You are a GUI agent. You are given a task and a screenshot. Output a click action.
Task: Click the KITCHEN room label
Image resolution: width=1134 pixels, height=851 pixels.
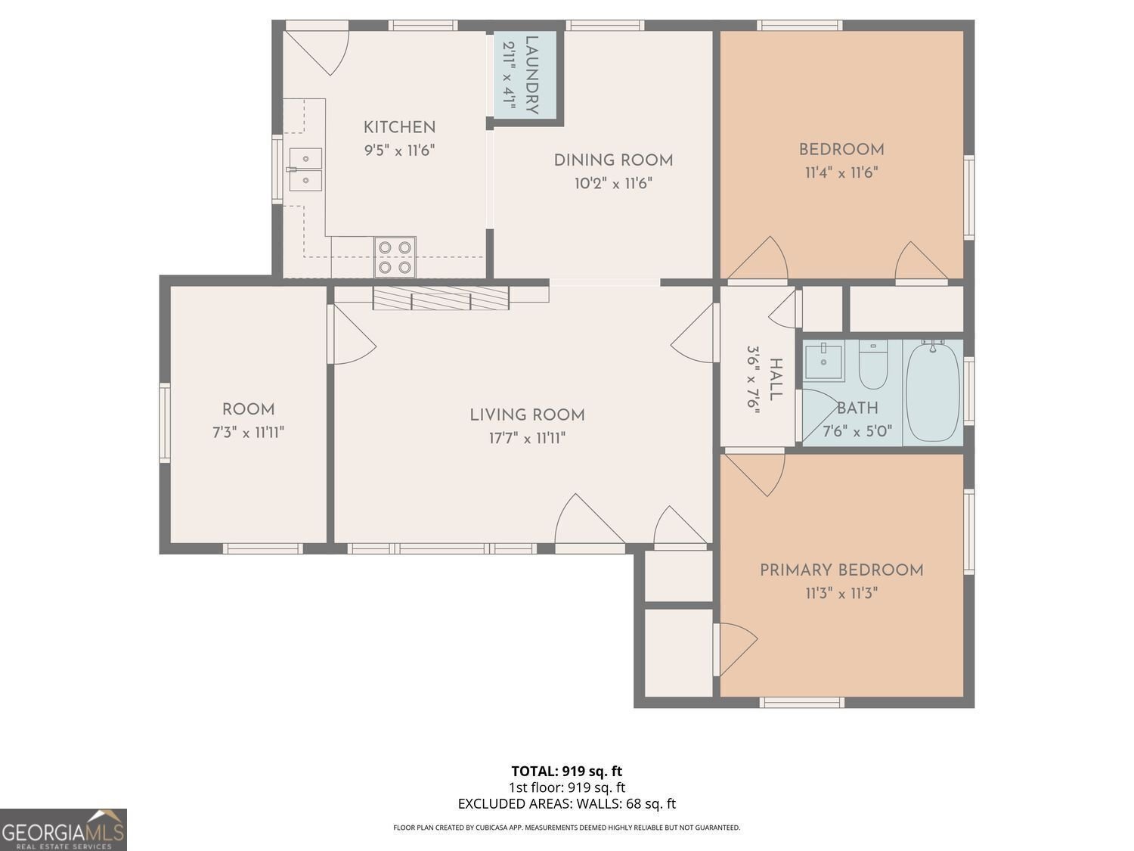[x=399, y=127]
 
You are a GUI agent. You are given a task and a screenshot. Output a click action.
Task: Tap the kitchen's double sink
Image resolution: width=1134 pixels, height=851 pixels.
[x=305, y=169]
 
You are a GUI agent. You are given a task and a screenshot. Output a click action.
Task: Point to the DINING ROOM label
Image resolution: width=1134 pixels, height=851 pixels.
[x=613, y=160]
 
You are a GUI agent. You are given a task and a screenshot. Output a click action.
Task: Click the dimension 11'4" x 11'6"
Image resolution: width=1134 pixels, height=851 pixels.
[x=841, y=172]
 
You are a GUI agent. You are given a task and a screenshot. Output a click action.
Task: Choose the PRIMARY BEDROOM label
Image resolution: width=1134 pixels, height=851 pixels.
[x=841, y=570]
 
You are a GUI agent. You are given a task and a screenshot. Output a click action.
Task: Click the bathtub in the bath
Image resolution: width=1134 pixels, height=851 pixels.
[x=933, y=392]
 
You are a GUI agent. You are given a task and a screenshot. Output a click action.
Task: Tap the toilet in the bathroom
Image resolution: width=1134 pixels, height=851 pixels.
[x=872, y=364]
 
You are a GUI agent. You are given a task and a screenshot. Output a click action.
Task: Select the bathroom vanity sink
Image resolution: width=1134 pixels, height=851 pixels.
[x=823, y=361]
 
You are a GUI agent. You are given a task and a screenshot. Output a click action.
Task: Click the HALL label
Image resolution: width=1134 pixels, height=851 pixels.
[x=775, y=380]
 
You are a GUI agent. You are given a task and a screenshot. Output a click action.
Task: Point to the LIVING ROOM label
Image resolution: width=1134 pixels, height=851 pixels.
[x=527, y=415]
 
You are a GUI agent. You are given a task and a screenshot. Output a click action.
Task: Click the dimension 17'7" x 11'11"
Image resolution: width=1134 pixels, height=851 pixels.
[x=527, y=438]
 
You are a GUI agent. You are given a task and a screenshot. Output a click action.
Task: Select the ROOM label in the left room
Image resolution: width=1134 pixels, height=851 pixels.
[x=248, y=410]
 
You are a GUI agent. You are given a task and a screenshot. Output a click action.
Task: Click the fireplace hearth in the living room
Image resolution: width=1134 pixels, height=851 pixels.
[x=441, y=298]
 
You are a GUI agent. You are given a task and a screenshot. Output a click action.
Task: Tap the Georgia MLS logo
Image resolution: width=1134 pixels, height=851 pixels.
[x=64, y=830]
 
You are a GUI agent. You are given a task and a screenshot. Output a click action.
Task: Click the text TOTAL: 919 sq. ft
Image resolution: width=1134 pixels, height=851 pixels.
[x=566, y=772]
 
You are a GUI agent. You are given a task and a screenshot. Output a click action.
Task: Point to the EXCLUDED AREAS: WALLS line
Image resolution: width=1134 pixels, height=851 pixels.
[x=566, y=804]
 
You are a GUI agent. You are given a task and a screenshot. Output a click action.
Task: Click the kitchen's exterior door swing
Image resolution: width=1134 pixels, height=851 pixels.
[x=321, y=50]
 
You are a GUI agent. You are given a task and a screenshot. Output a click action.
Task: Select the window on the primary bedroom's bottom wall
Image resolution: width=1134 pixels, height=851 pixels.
[x=801, y=703]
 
